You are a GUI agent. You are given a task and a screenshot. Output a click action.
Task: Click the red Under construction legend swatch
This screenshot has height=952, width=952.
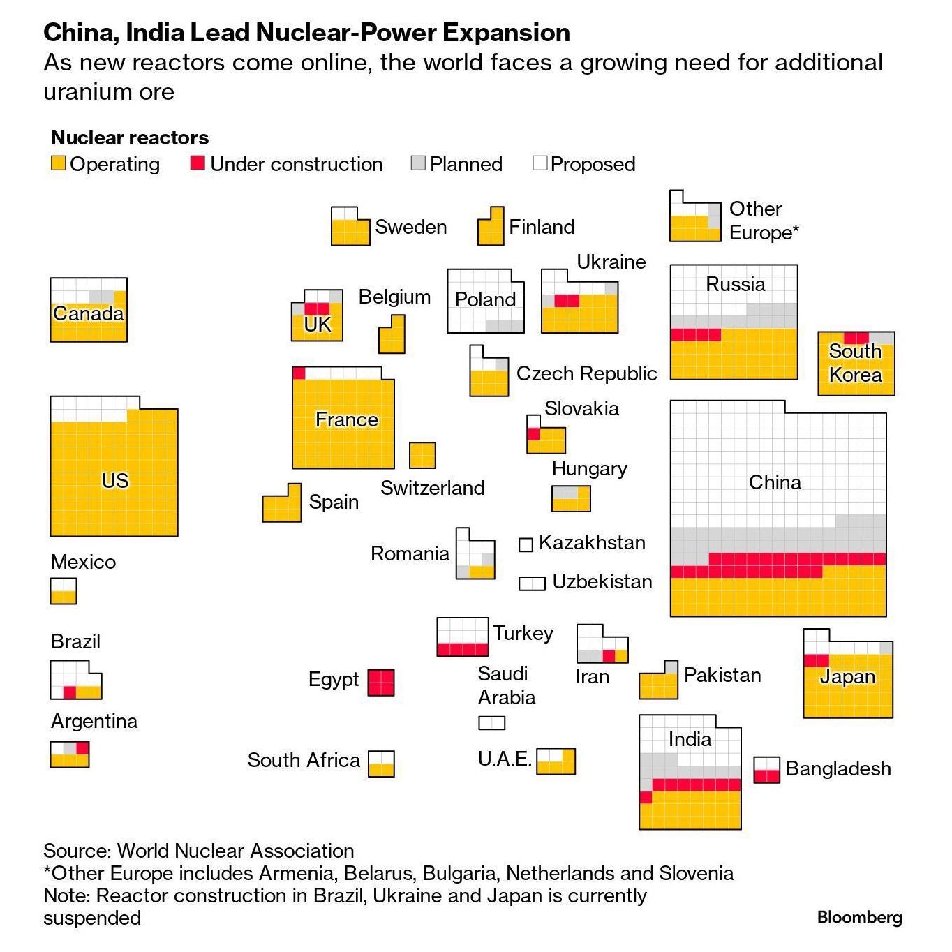[x=198, y=163]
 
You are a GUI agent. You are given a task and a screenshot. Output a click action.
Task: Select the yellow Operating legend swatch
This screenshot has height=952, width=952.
[x=58, y=163]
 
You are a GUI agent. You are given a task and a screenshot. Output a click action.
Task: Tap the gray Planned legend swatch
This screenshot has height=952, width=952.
[x=418, y=163]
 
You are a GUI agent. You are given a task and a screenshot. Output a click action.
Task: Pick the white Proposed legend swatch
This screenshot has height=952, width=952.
[x=540, y=163]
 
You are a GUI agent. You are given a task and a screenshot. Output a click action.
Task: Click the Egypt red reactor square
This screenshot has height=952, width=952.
[x=381, y=682]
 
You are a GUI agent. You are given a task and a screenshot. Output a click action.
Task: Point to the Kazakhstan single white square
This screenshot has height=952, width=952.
[x=526, y=544]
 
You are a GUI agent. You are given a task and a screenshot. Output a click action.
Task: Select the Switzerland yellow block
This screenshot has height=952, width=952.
[x=422, y=455]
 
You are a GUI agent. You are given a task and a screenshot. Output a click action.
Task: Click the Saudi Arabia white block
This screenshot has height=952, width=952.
[x=491, y=723]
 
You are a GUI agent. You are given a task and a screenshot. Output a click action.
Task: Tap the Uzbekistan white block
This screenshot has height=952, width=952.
[x=532, y=583]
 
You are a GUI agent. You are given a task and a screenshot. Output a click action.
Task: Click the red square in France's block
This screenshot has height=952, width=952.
[x=299, y=373]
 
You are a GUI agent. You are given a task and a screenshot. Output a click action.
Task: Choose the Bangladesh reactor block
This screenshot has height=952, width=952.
[x=766, y=770]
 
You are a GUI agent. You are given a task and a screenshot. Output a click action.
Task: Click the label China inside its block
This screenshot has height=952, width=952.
[x=775, y=482]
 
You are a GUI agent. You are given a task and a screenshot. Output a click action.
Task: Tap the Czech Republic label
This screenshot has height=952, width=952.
[x=586, y=373]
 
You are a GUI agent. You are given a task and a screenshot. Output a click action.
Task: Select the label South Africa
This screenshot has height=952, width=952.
[x=304, y=760]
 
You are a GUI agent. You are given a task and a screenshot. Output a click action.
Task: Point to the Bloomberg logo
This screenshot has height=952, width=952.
[x=859, y=917]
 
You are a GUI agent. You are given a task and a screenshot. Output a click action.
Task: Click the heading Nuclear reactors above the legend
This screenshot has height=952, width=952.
[x=130, y=137]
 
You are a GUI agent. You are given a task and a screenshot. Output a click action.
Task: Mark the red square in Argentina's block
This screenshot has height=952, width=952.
[x=82, y=748]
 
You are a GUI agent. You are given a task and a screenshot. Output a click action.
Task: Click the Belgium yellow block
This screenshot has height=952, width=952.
[x=392, y=335]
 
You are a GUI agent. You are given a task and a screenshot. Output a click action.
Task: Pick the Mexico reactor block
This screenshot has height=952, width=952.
[x=64, y=590]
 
